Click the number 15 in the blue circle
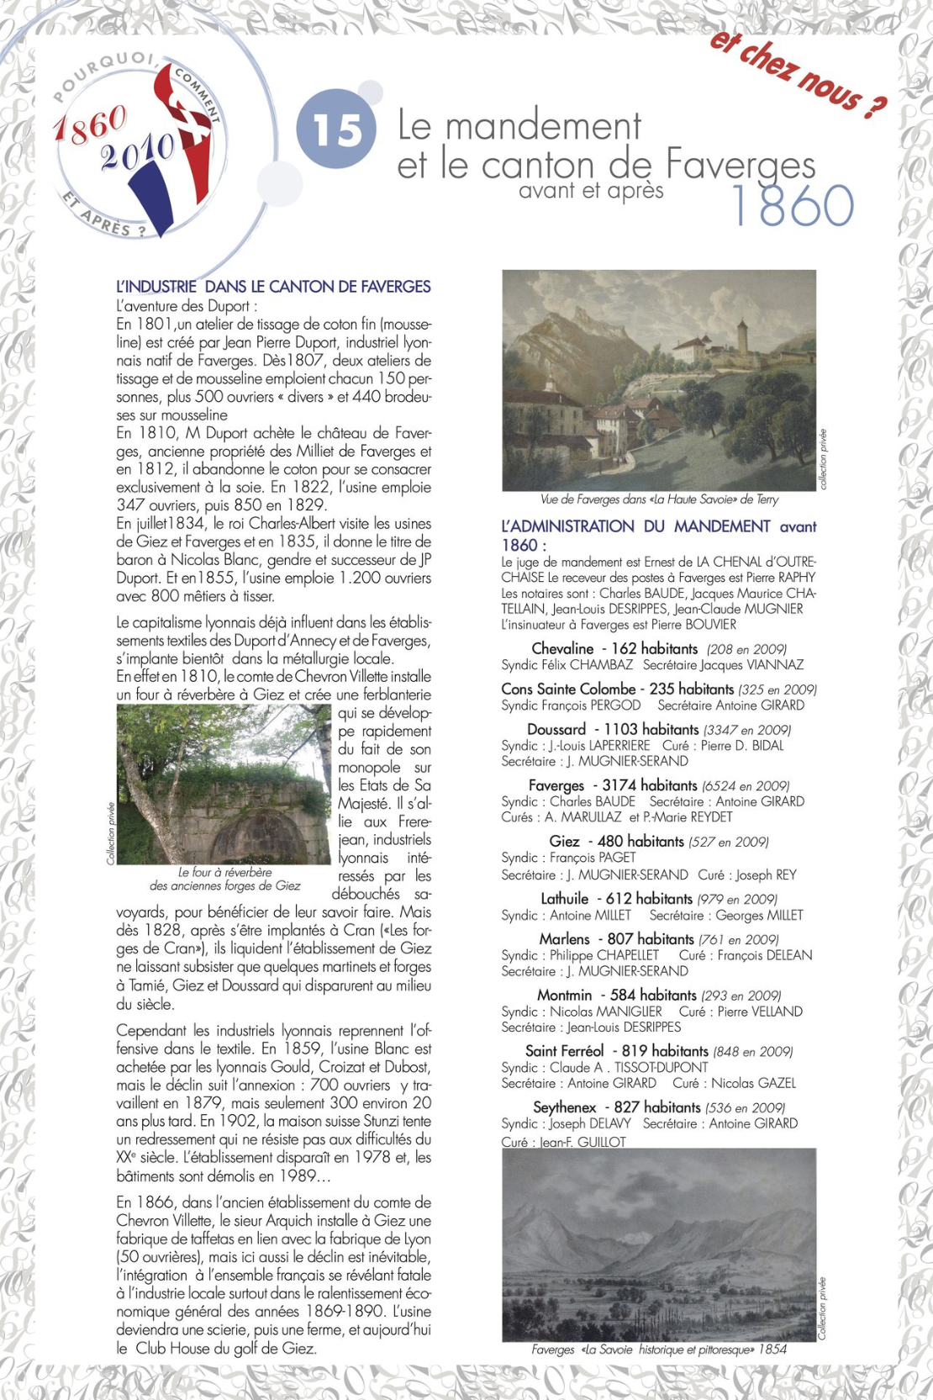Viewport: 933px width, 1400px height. (337, 130)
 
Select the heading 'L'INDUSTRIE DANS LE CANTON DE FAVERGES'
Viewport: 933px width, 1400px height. (273, 287)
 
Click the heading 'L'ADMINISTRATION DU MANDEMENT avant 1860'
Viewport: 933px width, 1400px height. (658, 535)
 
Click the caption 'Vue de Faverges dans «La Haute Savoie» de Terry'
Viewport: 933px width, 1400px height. (659, 499)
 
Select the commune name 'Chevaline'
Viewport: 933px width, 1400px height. (562, 648)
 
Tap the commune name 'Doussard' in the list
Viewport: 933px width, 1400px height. (556, 729)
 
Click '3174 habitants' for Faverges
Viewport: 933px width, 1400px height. (650, 785)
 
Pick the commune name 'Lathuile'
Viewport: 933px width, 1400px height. (564, 898)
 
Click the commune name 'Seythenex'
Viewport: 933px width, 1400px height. (564, 1107)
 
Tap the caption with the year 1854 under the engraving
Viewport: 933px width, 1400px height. (658, 1350)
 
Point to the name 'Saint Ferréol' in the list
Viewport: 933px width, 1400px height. (564, 1051)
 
